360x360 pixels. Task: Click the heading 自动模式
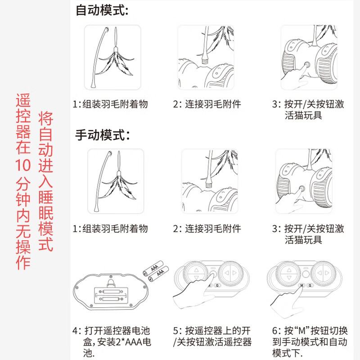[102, 10]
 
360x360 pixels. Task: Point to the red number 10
[23, 165]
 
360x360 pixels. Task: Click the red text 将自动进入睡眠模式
[46, 181]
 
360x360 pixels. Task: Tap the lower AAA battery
[159, 274]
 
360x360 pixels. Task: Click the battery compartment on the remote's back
[110, 295]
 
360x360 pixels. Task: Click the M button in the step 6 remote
[301, 285]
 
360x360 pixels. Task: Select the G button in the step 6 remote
[310, 285]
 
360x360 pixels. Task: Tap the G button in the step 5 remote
[217, 285]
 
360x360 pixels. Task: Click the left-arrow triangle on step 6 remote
[319, 273]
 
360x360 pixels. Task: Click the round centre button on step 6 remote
[306, 274]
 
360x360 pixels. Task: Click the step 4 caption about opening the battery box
[112, 342]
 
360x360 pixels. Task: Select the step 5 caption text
[212, 336]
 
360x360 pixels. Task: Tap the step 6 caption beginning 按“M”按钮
[310, 342]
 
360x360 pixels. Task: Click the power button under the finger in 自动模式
[306, 64]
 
